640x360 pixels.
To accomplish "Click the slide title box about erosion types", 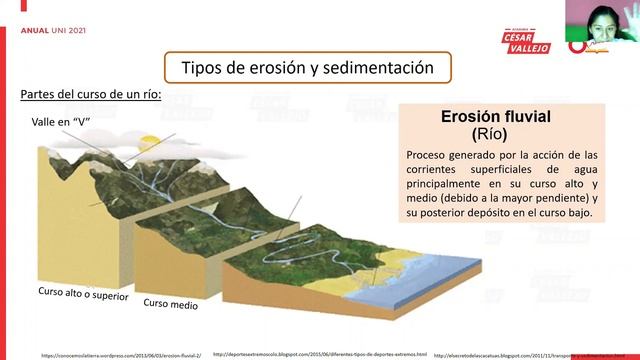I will (306, 67).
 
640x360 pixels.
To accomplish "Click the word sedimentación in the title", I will (385, 67).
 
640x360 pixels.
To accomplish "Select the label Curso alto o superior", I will (82, 296).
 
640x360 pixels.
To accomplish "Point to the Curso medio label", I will (170, 303).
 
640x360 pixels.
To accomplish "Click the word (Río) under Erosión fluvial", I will (490, 133).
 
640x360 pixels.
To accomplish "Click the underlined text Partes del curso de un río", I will (90, 94).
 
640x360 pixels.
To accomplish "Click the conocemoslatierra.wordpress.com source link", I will (121, 354).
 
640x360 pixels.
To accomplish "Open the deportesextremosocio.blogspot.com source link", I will (320, 354).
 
